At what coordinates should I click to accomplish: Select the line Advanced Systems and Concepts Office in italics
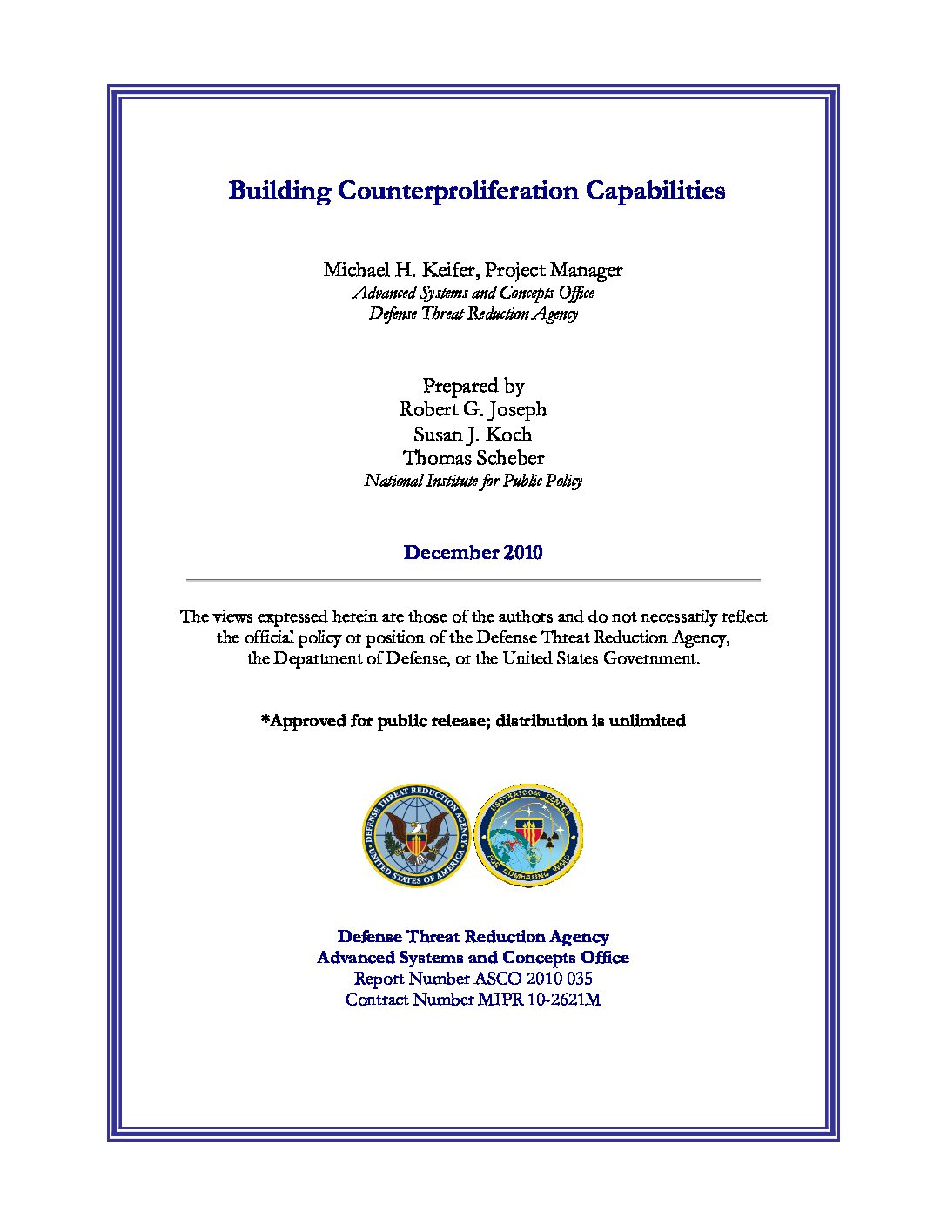pyautogui.click(x=473, y=293)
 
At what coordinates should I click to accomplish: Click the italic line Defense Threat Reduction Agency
pyautogui.click(x=473, y=313)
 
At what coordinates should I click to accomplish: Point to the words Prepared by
pyautogui.click(x=473, y=386)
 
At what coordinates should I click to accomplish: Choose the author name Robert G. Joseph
pyautogui.click(x=473, y=409)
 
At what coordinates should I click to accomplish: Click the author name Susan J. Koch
pyautogui.click(x=473, y=434)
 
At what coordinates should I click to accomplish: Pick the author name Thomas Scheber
pyautogui.click(x=473, y=458)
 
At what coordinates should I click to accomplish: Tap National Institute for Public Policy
pyautogui.click(x=473, y=481)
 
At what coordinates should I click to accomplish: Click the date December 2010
pyautogui.click(x=473, y=553)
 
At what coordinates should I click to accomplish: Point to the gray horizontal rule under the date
pyautogui.click(x=473, y=579)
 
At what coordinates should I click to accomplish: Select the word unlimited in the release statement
pyautogui.click(x=647, y=721)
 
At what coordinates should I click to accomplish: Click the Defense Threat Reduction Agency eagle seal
pyautogui.click(x=416, y=836)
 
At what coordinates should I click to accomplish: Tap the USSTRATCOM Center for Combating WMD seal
pyautogui.click(x=528, y=836)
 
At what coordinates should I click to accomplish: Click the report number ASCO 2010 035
pyautogui.click(x=534, y=979)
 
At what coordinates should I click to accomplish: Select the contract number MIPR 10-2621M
pyautogui.click(x=540, y=1000)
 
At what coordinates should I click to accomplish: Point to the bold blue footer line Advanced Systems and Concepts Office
pyautogui.click(x=473, y=958)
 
